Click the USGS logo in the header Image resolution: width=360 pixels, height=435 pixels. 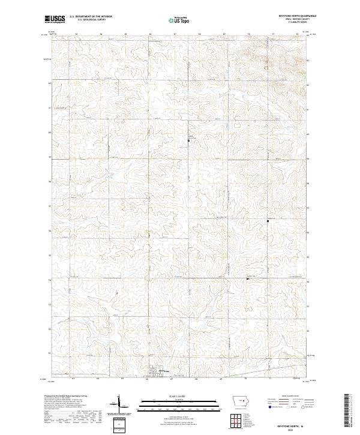coord(55,19)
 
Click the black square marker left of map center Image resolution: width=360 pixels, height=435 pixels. coord(189,140)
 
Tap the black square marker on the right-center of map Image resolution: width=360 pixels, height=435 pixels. coord(268,221)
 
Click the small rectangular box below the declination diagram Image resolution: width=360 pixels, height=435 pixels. coord(118,424)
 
